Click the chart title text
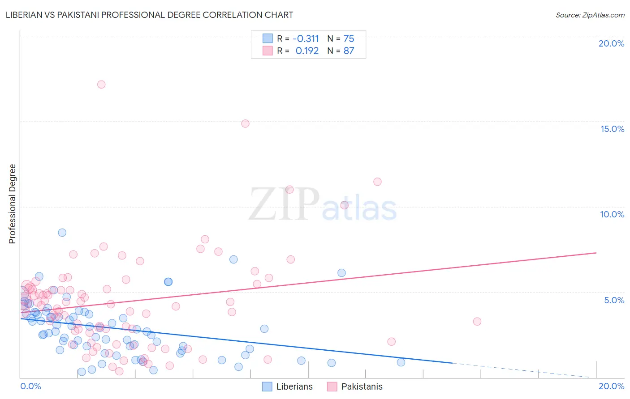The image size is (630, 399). coord(149,15)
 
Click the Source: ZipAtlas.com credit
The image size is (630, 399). coord(590,15)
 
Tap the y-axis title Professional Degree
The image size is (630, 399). coord(12,204)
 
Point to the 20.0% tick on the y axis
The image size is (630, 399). coord(611,43)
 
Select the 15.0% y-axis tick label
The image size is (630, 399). coord(612,129)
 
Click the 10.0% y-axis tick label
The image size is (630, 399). coord(612,214)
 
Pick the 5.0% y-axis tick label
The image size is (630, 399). coord(614,300)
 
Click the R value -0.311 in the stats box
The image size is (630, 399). coord(306,39)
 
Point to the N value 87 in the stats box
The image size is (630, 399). coord(349,51)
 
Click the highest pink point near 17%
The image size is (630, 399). coord(101,85)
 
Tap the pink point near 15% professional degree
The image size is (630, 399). coord(245,123)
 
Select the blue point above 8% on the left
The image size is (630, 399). coord(62,233)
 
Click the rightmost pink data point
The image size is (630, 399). coord(477,322)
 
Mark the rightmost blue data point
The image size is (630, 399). coord(401,362)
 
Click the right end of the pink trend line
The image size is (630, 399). coord(596,253)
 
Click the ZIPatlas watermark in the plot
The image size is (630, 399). coord(323,205)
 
